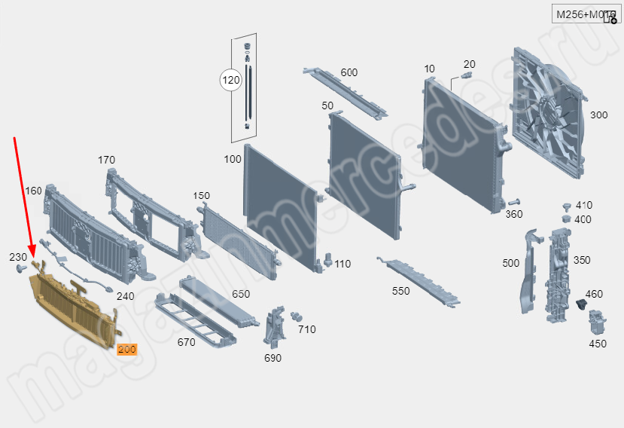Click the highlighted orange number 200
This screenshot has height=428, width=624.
tap(126, 350)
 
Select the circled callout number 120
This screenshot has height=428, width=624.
tap(230, 79)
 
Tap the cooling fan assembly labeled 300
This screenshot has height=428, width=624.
tap(548, 113)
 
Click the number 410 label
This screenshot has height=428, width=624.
tap(583, 205)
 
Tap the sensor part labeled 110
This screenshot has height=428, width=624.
tap(328, 260)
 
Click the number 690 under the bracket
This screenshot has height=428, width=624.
tap(272, 358)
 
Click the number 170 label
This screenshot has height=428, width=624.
tap(107, 160)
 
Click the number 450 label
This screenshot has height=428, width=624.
tap(597, 344)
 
